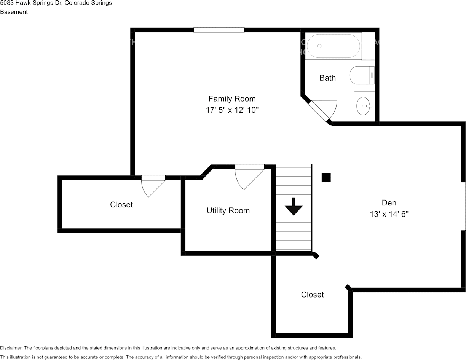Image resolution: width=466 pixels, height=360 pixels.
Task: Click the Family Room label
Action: (x=232, y=99)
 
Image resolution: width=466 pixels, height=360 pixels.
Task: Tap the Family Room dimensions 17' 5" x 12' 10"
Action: (x=232, y=110)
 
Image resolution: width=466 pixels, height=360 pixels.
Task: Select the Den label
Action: (x=389, y=203)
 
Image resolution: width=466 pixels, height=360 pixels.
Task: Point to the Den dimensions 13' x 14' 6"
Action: (x=389, y=214)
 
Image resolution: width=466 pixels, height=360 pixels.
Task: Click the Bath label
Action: (x=327, y=78)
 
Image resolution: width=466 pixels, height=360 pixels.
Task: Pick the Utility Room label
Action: (x=228, y=211)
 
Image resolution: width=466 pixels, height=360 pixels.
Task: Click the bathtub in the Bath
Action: (x=334, y=46)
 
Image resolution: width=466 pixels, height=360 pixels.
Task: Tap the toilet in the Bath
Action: (x=362, y=75)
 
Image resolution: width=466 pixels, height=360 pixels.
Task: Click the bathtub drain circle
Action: (x=319, y=46)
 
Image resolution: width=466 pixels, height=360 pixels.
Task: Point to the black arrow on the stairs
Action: (x=294, y=206)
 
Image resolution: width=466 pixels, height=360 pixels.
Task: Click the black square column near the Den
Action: (x=326, y=177)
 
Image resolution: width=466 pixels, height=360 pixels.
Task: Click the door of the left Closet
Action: (x=153, y=186)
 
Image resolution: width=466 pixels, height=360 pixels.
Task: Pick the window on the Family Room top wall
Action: (x=219, y=30)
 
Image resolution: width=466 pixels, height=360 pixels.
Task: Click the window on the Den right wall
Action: (x=463, y=206)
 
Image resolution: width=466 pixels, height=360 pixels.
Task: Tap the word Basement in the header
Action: (x=14, y=12)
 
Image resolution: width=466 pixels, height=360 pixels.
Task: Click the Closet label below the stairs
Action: (x=312, y=295)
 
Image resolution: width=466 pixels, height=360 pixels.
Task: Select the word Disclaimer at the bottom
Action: (x=11, y=348)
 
